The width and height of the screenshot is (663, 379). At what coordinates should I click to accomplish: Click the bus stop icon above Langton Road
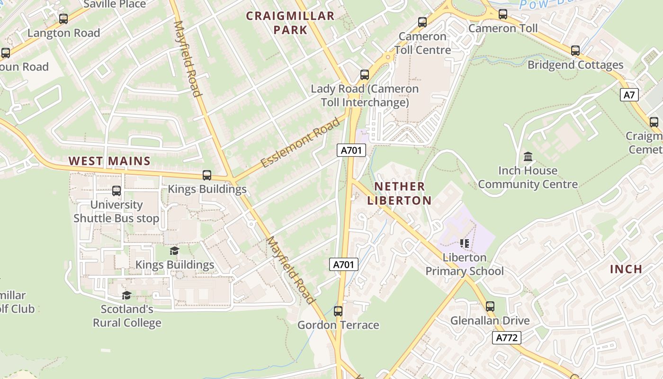tap(63, 19)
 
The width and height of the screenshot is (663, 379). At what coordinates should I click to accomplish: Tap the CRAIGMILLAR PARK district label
tap(290, 23)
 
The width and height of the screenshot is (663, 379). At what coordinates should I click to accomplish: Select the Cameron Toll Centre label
tap(422, 43)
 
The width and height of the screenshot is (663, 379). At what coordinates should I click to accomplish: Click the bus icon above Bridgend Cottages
tap(575, 51)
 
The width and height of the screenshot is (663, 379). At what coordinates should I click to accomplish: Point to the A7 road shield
tap(629, 95)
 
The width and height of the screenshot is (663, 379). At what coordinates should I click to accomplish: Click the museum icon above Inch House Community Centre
tap(528, 156)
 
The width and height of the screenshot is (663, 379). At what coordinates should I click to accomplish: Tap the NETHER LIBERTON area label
tap(399, 193)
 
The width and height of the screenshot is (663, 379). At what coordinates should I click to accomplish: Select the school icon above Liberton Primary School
tap(464, 244)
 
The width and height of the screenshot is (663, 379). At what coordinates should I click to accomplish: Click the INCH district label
tap(626, 269)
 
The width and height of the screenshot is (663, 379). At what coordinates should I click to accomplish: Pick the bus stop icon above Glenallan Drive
tap(490, 307)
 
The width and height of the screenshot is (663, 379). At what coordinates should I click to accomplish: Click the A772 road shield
tap(507, 338)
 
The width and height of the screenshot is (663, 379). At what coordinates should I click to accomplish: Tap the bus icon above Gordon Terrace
tap(338, 311)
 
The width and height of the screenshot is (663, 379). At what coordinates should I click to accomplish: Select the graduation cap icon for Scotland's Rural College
tap(126, 296)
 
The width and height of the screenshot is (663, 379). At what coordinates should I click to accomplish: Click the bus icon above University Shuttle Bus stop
tap(116, 191)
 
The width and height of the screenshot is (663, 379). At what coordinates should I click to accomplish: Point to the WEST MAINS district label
tap(109, 161)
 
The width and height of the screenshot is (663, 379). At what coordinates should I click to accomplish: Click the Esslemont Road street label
tap(300, 143)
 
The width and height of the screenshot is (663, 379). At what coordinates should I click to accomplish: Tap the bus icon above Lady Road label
tap(364, 75)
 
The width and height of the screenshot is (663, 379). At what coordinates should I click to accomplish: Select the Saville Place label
tap(115, 4)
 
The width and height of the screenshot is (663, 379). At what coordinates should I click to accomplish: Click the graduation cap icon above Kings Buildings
tap(175, 251)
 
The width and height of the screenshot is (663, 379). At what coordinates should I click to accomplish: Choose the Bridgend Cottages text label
tap(575, 65)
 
